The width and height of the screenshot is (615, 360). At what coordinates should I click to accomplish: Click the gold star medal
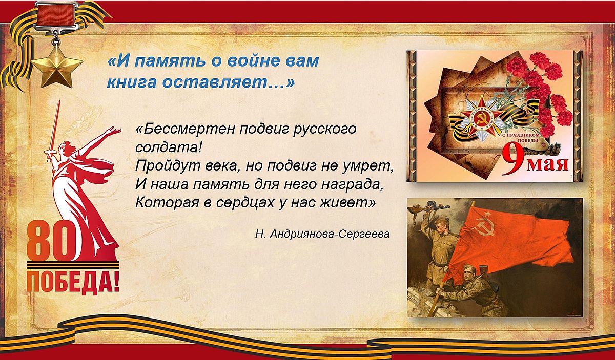coord(57,67)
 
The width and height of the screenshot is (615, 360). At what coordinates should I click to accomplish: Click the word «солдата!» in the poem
coord(168,147)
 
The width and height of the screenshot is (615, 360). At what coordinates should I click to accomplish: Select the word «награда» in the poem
coord(352,185)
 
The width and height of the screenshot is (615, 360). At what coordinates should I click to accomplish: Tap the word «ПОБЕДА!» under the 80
coord(73,282)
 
